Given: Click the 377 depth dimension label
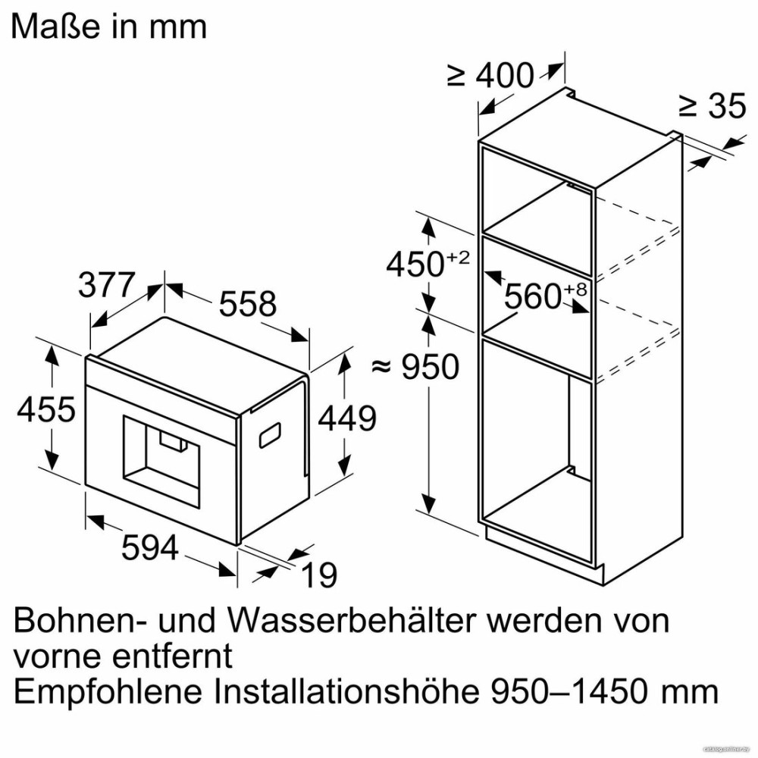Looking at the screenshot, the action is tap(106, 285).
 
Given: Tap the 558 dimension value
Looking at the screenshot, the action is tap(248, 304).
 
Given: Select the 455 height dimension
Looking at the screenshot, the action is tap(46, 409).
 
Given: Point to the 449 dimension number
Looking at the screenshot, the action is tap(346, 418).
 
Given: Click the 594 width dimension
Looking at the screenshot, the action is tap(150, 548).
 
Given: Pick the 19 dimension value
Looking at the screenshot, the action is tap(319, 575).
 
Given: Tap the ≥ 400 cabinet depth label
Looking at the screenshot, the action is tap(490, 75).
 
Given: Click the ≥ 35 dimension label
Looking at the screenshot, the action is tap(713, 105).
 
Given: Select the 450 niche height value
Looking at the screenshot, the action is tap(415, 264).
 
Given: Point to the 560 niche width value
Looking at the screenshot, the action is tap(533, 296).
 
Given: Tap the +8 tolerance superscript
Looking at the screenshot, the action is tap(575, 289).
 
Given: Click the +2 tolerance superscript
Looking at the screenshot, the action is tap(458, 257).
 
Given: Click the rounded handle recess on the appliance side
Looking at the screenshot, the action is tap(271, 434).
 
